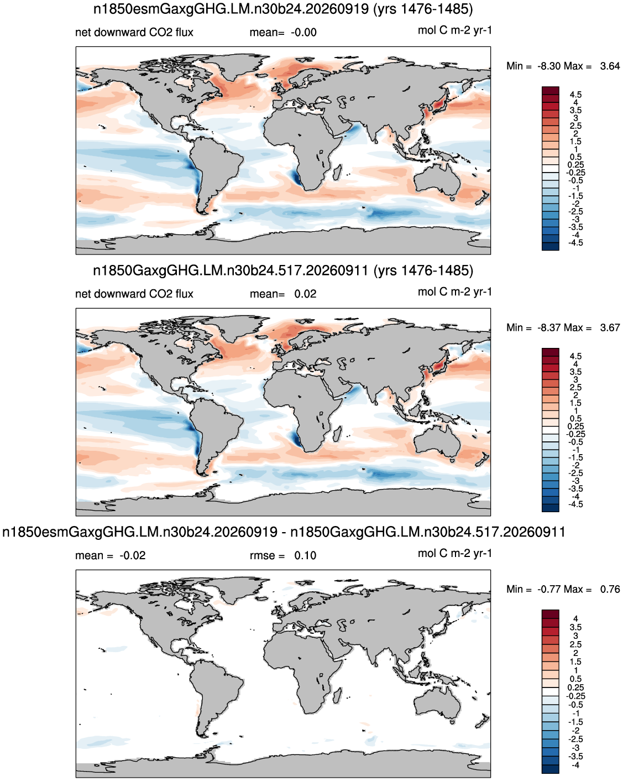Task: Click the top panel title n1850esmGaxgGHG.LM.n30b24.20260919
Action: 231,8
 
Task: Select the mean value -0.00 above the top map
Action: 303,32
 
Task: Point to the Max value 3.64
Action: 610,66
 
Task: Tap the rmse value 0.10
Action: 305,555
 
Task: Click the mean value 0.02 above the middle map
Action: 305,294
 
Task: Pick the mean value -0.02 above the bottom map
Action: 133,555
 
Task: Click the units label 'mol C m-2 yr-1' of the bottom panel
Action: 454,553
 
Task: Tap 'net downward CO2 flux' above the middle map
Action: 134,294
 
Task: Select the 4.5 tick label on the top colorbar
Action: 575,95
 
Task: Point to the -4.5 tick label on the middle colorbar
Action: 575,504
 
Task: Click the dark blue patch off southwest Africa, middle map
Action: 296,439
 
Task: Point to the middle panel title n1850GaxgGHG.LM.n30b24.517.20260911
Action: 231,270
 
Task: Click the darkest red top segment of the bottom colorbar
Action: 550,614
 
